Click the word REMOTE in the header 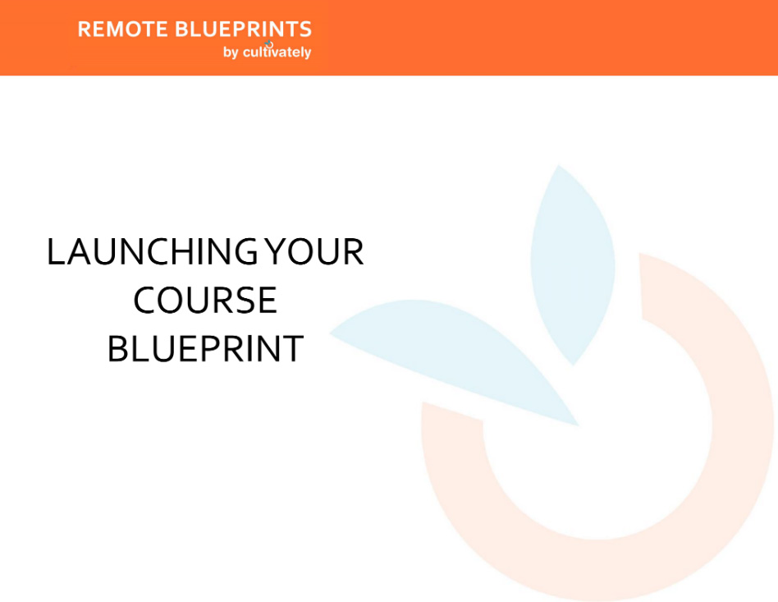pos(123,30)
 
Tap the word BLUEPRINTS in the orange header pos(244,30)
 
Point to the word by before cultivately pos(230,53)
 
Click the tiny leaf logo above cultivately pos(268,44)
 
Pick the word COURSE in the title pos(205,301)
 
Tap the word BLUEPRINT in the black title pos(205,349)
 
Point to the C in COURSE pos(145,301)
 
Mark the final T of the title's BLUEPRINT pos(295,349)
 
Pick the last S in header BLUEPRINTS pos(305,30)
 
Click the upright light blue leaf pos(572,263)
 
